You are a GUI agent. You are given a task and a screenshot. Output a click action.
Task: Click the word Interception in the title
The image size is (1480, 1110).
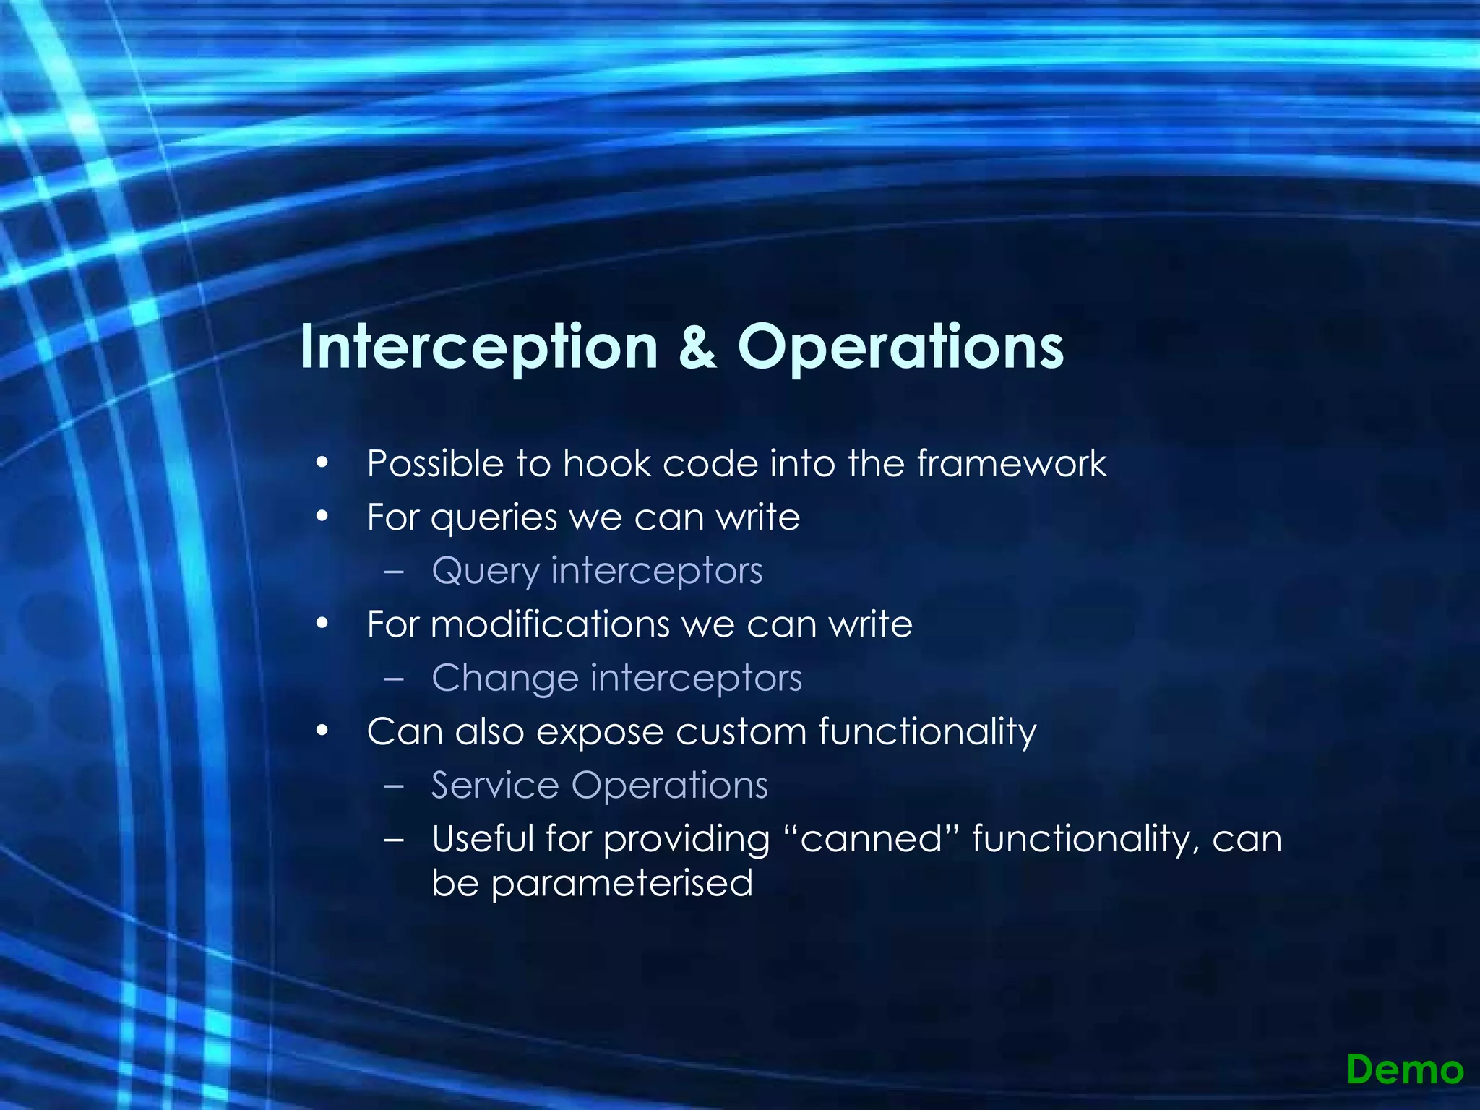click(x=478, y=348)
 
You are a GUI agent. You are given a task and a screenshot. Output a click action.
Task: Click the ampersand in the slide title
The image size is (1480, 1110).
click(x=697, y=348)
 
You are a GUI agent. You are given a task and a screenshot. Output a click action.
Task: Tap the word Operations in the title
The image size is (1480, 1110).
click(x=900, y=348)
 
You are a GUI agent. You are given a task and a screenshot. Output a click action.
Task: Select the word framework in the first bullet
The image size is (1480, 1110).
click(x=1012, y=463)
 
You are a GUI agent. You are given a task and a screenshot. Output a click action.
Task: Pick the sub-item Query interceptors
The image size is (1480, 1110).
click(x=597, y=571)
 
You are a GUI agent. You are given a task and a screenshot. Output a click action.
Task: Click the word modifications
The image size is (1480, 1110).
click(x=550, y=624)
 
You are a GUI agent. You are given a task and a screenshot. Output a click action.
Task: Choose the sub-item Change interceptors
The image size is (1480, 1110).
click(x=616, y=678)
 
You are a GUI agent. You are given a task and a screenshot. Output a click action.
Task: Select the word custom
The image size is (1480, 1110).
click(x=741, y=731)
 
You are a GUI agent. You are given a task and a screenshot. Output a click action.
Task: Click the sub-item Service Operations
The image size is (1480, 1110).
click(x=599, y=785)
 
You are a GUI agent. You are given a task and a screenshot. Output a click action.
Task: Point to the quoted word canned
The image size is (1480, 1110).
click(x=872, y=839)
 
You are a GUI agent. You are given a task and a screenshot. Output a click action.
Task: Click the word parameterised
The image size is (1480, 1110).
click(x=621, y=883)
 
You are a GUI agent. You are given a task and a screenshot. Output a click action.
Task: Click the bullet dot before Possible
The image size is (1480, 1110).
click(x=322, y=463)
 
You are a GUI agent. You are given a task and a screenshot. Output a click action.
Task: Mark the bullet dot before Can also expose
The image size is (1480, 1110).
click(x=322, y=731)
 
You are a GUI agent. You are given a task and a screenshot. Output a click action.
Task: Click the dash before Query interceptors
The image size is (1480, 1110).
click(x=395, y=571)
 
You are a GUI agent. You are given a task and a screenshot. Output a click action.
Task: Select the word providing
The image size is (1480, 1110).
click(x=687, y=840)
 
